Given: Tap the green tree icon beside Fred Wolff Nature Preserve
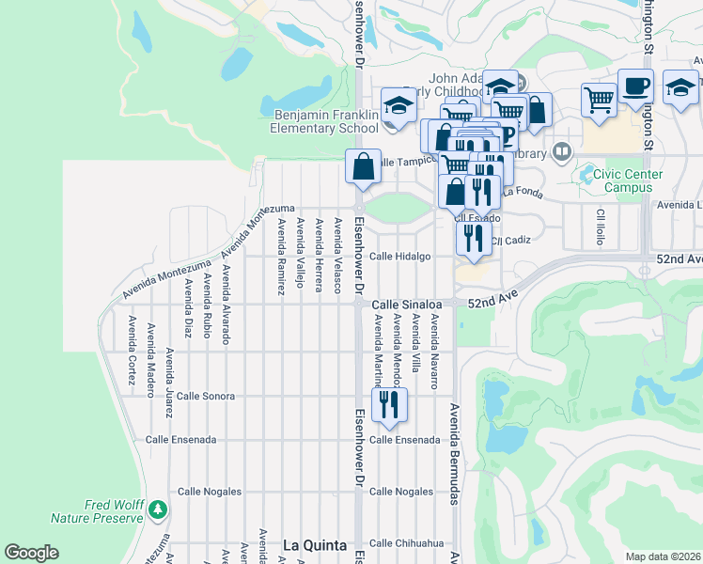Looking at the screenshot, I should pyautogui.click(x=159, y=509).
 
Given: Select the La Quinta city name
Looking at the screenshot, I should pyautogui.click(x=315, y=545).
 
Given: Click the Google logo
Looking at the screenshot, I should pyautogui.click(x=31, y=553).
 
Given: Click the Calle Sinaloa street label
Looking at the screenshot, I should pyautogui.click(x=406, y=305).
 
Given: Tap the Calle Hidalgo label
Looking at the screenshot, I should pyautogui.click(x=399, y=256).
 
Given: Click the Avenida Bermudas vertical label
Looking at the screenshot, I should pyautogui.click(x=453, y=455).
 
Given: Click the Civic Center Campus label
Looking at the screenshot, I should pyautogui.click(x=616, y=180).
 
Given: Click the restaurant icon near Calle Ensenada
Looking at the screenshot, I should pyautogui.click(x=388, y=403).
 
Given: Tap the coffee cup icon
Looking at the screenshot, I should pyautogui.click(x=635, y=86).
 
